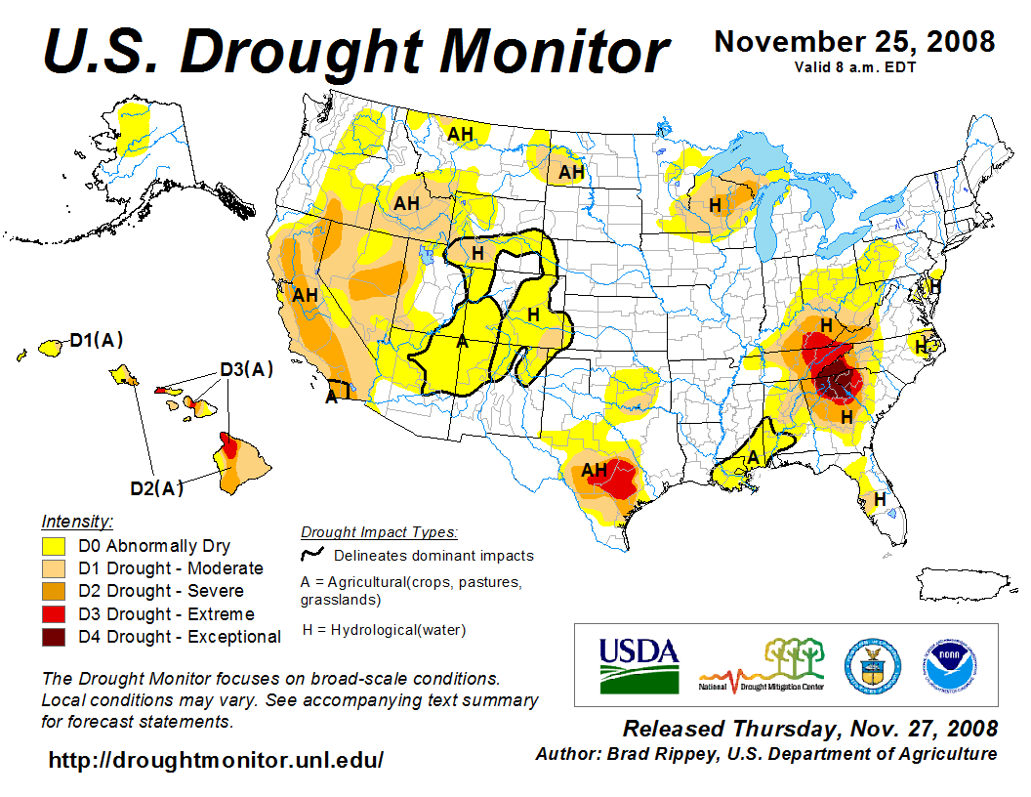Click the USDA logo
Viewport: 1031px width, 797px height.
coord(638,664)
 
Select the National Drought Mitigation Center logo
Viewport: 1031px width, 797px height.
coord(762,665)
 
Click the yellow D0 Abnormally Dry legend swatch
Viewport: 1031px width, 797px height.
coord(54,546)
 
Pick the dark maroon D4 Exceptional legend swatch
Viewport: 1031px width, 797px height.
coord(54,637)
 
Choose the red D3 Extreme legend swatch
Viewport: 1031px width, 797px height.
coord(54,614)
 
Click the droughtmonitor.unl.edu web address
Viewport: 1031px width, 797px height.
coord(216,759)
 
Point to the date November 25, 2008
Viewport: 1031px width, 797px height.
coord(854,42)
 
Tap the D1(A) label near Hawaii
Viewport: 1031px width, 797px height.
coord(96,341)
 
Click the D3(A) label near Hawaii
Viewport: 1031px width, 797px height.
coord(245,369)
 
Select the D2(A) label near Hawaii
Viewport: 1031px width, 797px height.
coord(156,488)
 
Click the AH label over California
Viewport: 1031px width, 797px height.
coord(306,293)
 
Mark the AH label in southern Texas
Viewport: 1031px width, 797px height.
coord(594,470)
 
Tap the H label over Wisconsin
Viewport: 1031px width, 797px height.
coord(715,205)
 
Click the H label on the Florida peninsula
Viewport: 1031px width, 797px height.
coord(880,499)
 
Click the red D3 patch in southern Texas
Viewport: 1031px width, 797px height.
coord(622,478)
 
